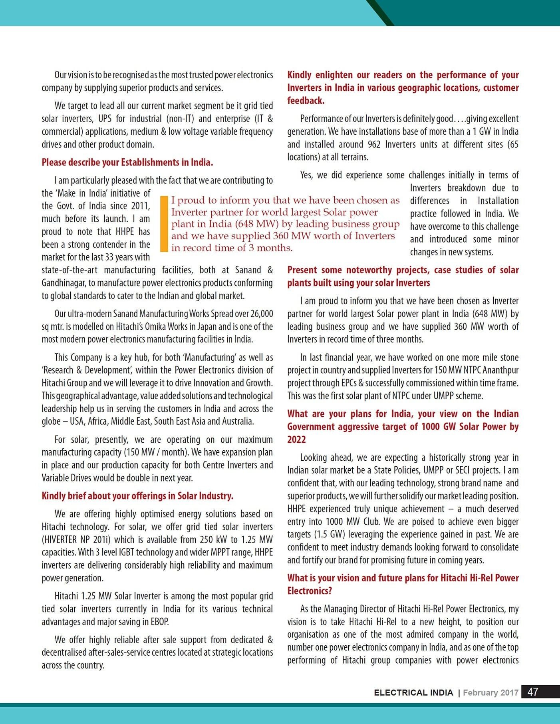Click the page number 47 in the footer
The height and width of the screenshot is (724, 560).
point(533,692)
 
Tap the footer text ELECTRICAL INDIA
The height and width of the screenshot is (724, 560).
point(413,692)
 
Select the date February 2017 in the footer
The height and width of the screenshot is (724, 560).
point(490,692)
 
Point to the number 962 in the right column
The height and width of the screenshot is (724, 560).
point(374,144)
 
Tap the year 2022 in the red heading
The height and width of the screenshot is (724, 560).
point(296,440)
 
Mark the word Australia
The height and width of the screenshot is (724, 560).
point(236,421)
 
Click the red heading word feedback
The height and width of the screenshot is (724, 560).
point(306,101)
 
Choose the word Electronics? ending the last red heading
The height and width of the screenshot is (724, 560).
point(310,591)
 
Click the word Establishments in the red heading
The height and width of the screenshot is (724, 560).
point(150,162)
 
